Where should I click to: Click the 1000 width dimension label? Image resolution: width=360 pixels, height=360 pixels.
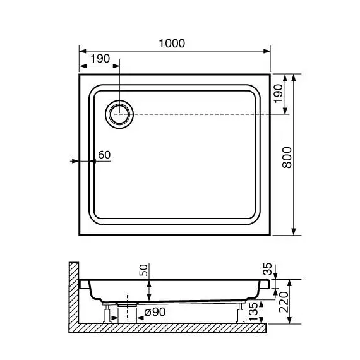pyautogui.click(x=172, y=44)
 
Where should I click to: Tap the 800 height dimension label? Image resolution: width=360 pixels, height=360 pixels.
pyautogui.click(x=287, y=157)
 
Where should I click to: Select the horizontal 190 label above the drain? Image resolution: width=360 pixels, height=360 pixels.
pyautogui.click(x=100, y=59)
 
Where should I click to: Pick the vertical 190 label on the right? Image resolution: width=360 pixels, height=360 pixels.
pyautogui.click(x=278, y=93)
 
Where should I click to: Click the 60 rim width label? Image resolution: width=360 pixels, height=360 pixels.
pyautogui.click(x=104, y=155)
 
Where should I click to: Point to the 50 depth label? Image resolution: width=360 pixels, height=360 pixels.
pyautogui.click(x=143, y=270)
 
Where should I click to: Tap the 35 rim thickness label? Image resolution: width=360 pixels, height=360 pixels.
pyautogui.click(x=267, y=269)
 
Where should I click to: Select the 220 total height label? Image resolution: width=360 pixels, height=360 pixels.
pyautogui.click(x=284, y=302)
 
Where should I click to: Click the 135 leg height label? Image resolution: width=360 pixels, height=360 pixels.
pyautogui.click(x=253, y=312)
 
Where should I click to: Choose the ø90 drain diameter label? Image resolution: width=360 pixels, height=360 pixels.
pyautogui.click(x=155, y=312)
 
